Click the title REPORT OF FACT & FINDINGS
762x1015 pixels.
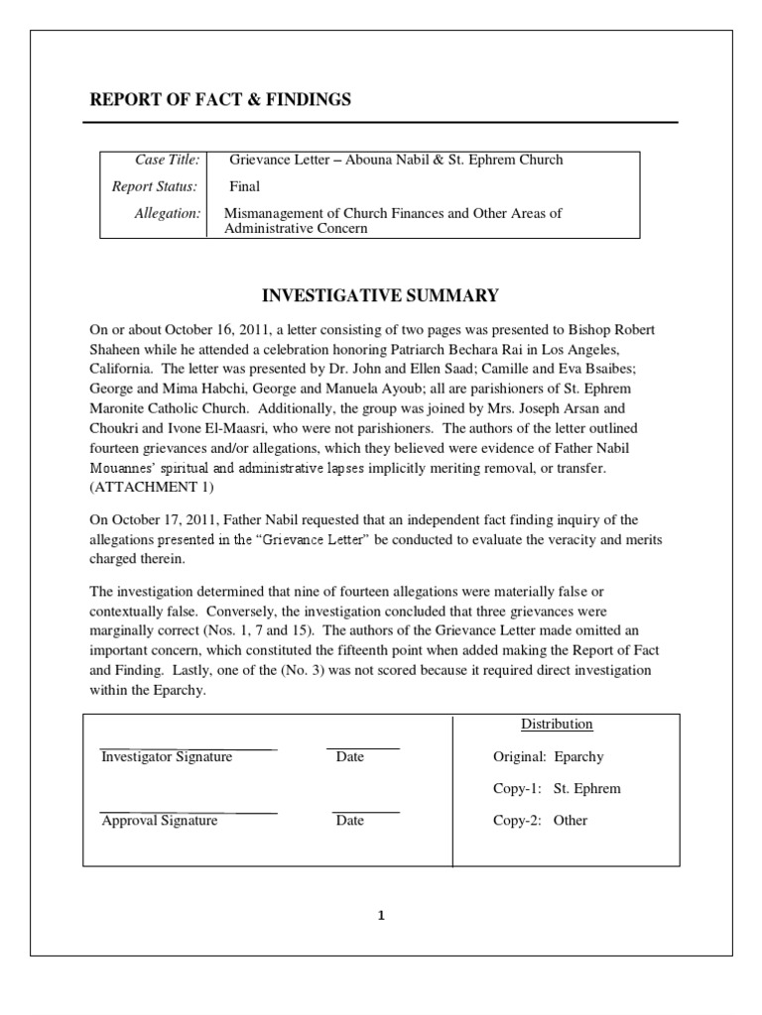(x=220, y=99)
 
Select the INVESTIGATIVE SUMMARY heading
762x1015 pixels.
(x=379, y=295)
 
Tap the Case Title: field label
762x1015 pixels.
(x=167, y=160)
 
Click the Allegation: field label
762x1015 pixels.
(x=167, y=213)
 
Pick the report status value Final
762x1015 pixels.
(x=245, y=186)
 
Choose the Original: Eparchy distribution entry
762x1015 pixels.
(x=548, y=757)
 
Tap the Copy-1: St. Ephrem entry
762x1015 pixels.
(x=557, y=789)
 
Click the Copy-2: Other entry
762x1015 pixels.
(x=540, y=821)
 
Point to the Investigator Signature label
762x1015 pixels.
(x=167, y=757)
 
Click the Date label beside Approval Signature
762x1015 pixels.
(x=349, y=821)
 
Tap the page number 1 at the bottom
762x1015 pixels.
(x=380, y=916)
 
